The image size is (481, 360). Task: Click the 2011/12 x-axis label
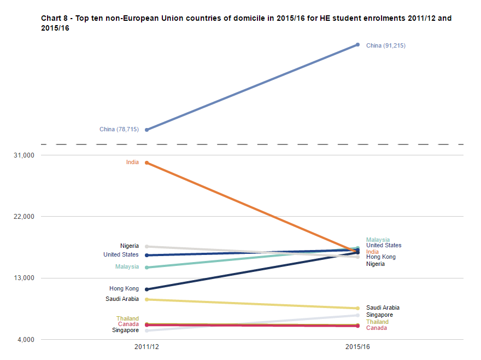click(x=147, y=347)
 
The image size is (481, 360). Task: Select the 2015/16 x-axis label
click(x=357, y=347)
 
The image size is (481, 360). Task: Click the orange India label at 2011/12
click(x=132, y=162)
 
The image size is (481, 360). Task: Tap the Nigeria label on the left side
click(x=130, y=246)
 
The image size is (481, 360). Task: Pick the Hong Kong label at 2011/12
click(x=124, y=289)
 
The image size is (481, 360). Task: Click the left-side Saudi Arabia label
click(x=122, y=299)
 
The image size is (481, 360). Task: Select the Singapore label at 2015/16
click(x=379, y=315)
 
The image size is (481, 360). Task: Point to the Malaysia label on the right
click(x=378, y=240)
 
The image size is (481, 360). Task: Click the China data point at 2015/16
click(x=357, y=44)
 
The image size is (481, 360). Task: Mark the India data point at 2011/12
click(x=147, y=162)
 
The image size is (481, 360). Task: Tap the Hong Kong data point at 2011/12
click(x=147, y=289)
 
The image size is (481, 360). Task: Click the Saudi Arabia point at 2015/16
click(x=357, y=308)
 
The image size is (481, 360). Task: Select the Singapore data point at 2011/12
click(x=147, y=330)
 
